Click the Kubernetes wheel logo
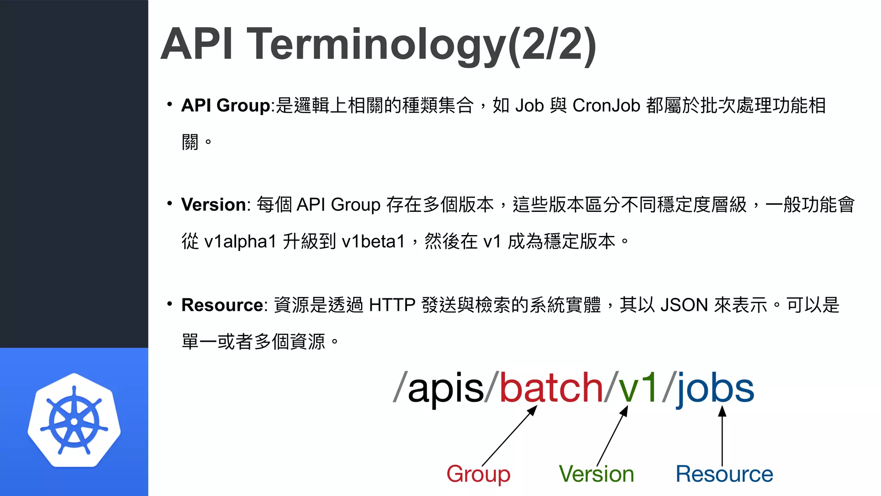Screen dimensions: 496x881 tap(74, 420)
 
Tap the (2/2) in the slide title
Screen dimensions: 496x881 tap(552, 44)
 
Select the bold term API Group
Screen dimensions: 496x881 tap(225, 105)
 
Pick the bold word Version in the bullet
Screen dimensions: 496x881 tap(213, 205)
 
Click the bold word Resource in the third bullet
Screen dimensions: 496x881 tap(222, 305)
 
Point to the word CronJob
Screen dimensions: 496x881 tap(606, 105)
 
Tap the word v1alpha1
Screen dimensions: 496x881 tap(240, 241)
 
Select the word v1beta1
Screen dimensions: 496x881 tap(373, 241)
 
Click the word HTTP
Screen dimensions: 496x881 tap(392, 305)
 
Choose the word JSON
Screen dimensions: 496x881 tap(684, 305)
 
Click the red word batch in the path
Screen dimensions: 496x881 tap(551, 388)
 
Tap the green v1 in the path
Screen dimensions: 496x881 tap(638, 388)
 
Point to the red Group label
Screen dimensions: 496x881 tap(478, 474)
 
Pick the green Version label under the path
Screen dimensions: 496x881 tap(596, 474)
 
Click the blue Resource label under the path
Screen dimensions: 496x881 tap(724, 474)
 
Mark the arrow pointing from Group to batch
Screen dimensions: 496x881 tap(509, 436)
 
